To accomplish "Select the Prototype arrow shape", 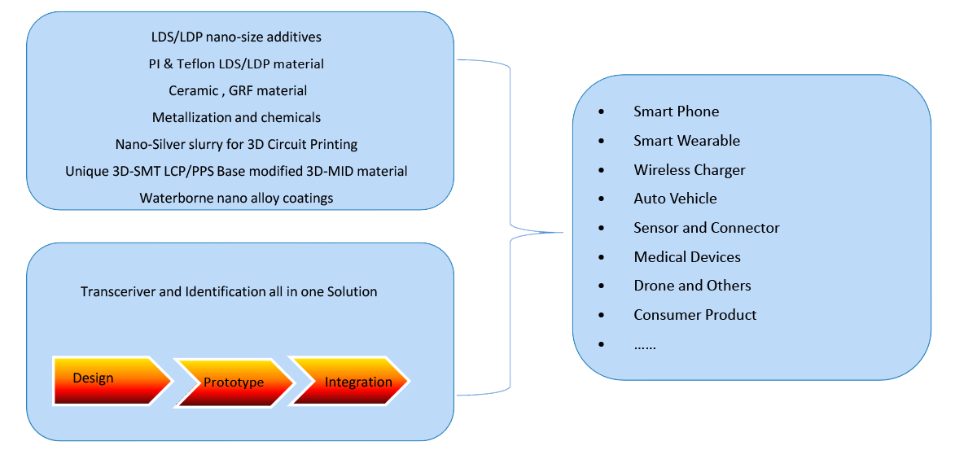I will tap(234, 382).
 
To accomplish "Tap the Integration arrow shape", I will tap(350, 382).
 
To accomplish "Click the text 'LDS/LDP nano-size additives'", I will tap(236, 37).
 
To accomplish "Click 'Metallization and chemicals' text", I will tap(236, 117).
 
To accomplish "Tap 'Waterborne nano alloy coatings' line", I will tap(236, 198).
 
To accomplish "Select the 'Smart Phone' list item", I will tap(676, 111).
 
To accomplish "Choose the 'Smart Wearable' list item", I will tap(686, 141).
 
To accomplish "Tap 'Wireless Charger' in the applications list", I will tap(689, 170).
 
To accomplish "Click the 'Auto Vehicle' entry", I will tap(675, 199).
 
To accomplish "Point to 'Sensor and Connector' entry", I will tap(706, 228).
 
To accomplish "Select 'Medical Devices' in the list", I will tap(687, 257).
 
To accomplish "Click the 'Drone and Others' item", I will tap(692, 286).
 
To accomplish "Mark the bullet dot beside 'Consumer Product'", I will tap(602, 315).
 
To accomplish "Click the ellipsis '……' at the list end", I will tap(645, 345).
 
